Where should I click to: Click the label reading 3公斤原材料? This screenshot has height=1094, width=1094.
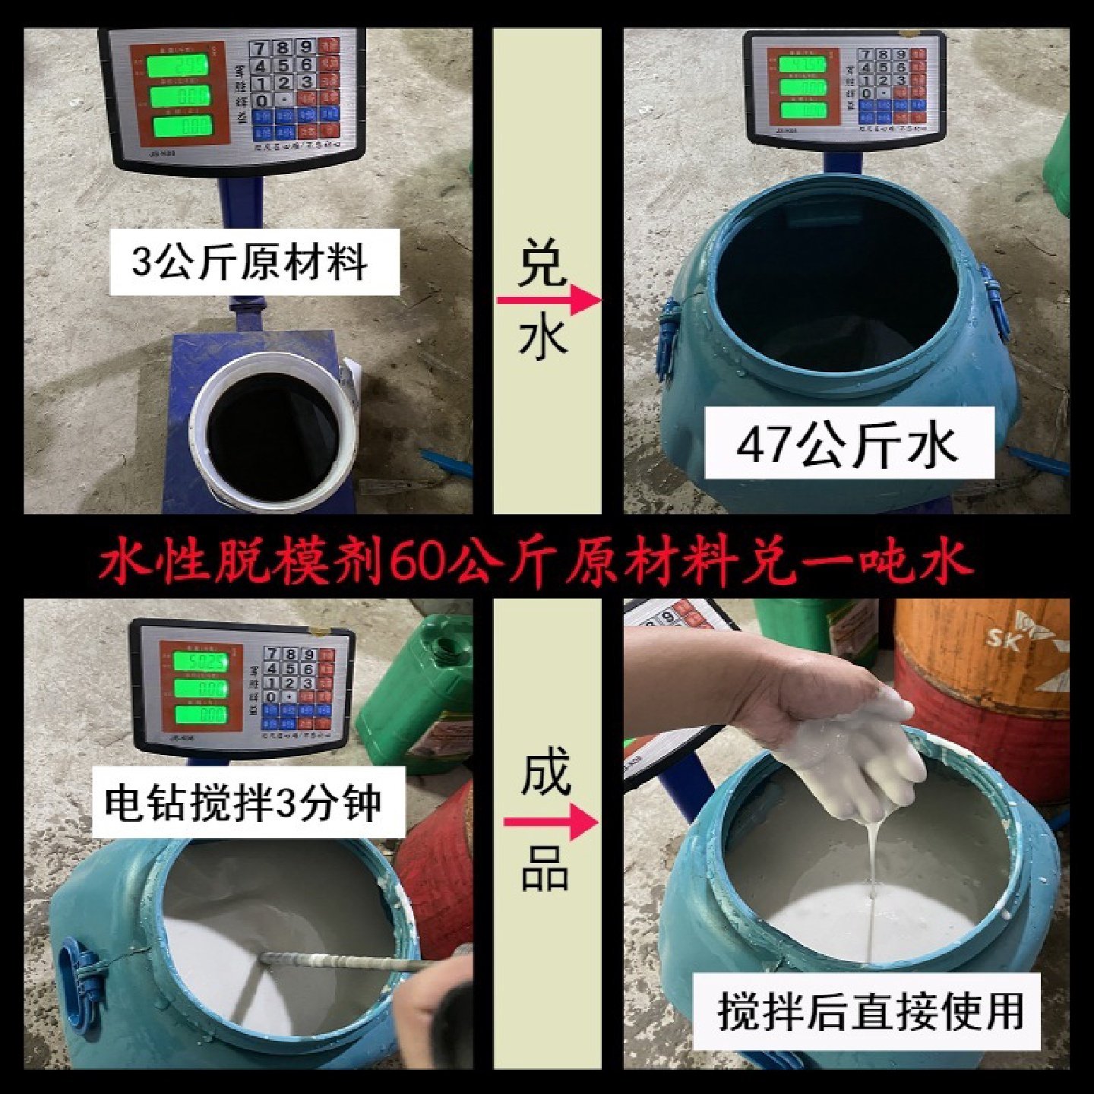coord(253,261)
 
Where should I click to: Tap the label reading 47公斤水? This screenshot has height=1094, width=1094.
coord(847,444)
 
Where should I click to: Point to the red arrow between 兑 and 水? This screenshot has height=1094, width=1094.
coord(548,300)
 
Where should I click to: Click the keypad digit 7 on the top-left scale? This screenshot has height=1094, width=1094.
coord(261,49)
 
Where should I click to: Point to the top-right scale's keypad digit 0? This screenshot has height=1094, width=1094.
coord(866,93)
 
